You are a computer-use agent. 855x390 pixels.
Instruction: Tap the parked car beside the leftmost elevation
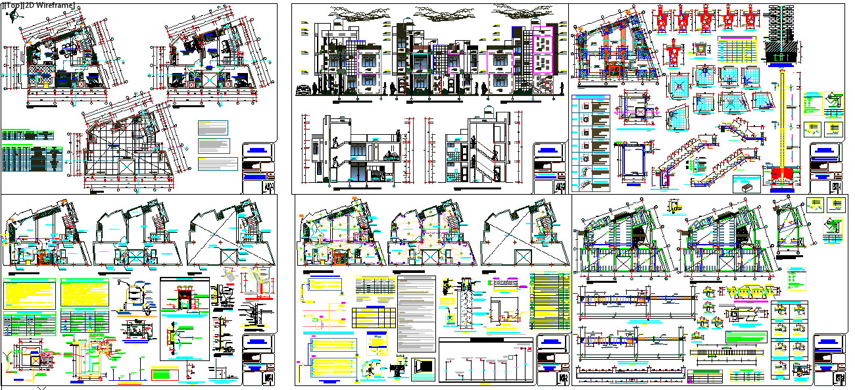[x=305, y=91]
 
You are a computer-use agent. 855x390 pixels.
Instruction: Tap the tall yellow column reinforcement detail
[x=781, y=118]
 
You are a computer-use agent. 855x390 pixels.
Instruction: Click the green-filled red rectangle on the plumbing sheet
[x=164, y=374]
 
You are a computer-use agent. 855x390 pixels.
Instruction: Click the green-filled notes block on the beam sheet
[x=746, y=337]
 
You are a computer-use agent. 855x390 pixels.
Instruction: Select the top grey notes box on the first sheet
[x=214, y=127]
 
